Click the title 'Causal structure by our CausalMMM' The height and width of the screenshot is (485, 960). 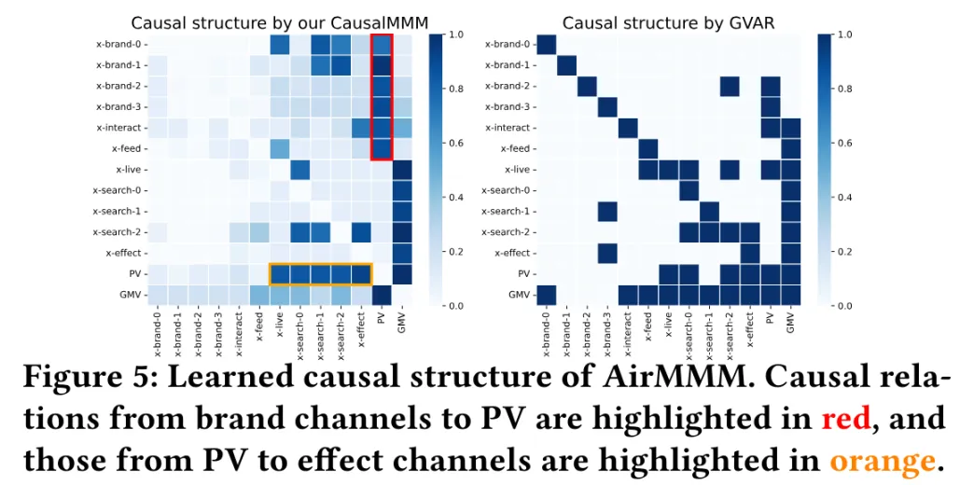285,22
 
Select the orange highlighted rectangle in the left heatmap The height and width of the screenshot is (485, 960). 321,274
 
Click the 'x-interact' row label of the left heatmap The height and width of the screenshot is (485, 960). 118,128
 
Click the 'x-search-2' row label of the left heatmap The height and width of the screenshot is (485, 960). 116,232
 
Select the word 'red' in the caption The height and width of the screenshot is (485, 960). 845,419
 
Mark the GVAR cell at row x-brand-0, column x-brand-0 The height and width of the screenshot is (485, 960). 547,44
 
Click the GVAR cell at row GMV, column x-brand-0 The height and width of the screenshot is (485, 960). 547,295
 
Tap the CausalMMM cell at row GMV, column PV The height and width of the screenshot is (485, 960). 382,295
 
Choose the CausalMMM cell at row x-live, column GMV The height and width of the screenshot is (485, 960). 402,170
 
